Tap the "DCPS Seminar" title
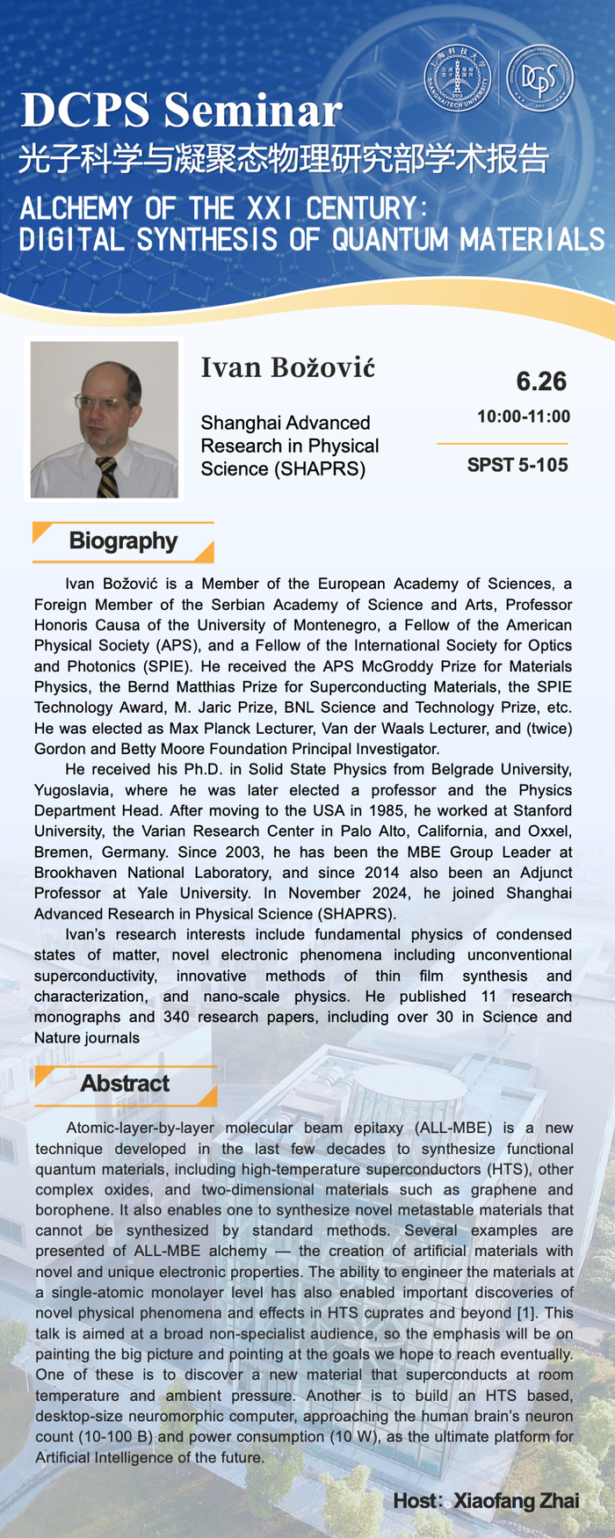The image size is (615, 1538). [x=181, y=111]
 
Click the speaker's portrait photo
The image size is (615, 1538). [x=104, y=419]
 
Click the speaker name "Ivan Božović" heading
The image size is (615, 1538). [x=287, y=367]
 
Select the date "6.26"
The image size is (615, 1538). [x=541, y=381]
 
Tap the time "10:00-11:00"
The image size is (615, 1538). [x=524, y=416]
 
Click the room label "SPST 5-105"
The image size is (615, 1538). [x=517, y=464]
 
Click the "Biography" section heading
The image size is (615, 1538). [x=123, y=540]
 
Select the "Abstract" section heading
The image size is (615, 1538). [x=125, y=1083]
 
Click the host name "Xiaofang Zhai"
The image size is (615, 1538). [x=516, y=1500]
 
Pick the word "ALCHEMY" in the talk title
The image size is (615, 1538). [x=76, y=208]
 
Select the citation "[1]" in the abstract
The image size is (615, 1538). [x=529, y=1312]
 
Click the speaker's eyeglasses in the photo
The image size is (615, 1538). [x=98, y=402]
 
